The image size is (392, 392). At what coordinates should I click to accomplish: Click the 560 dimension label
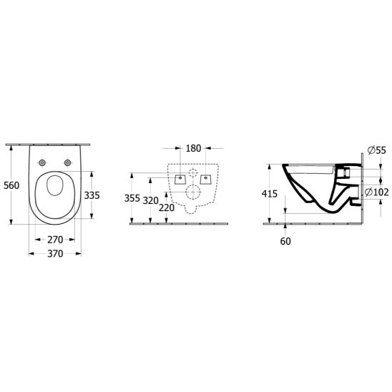[11, 185]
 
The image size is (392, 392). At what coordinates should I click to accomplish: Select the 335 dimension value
[92, 195]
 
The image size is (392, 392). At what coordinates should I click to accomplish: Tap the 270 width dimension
[55, 240]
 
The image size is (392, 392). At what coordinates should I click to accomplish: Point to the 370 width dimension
[55, 254]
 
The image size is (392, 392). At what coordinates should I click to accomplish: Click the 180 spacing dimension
[193, 148]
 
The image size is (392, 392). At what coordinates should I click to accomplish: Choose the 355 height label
[132, 198]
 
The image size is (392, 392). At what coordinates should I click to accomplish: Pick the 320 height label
[151, 200]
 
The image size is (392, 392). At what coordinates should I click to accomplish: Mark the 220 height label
[167, 207]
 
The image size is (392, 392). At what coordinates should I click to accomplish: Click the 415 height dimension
[270, 194]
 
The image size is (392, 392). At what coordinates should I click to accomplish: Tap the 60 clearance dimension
[285, 241]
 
